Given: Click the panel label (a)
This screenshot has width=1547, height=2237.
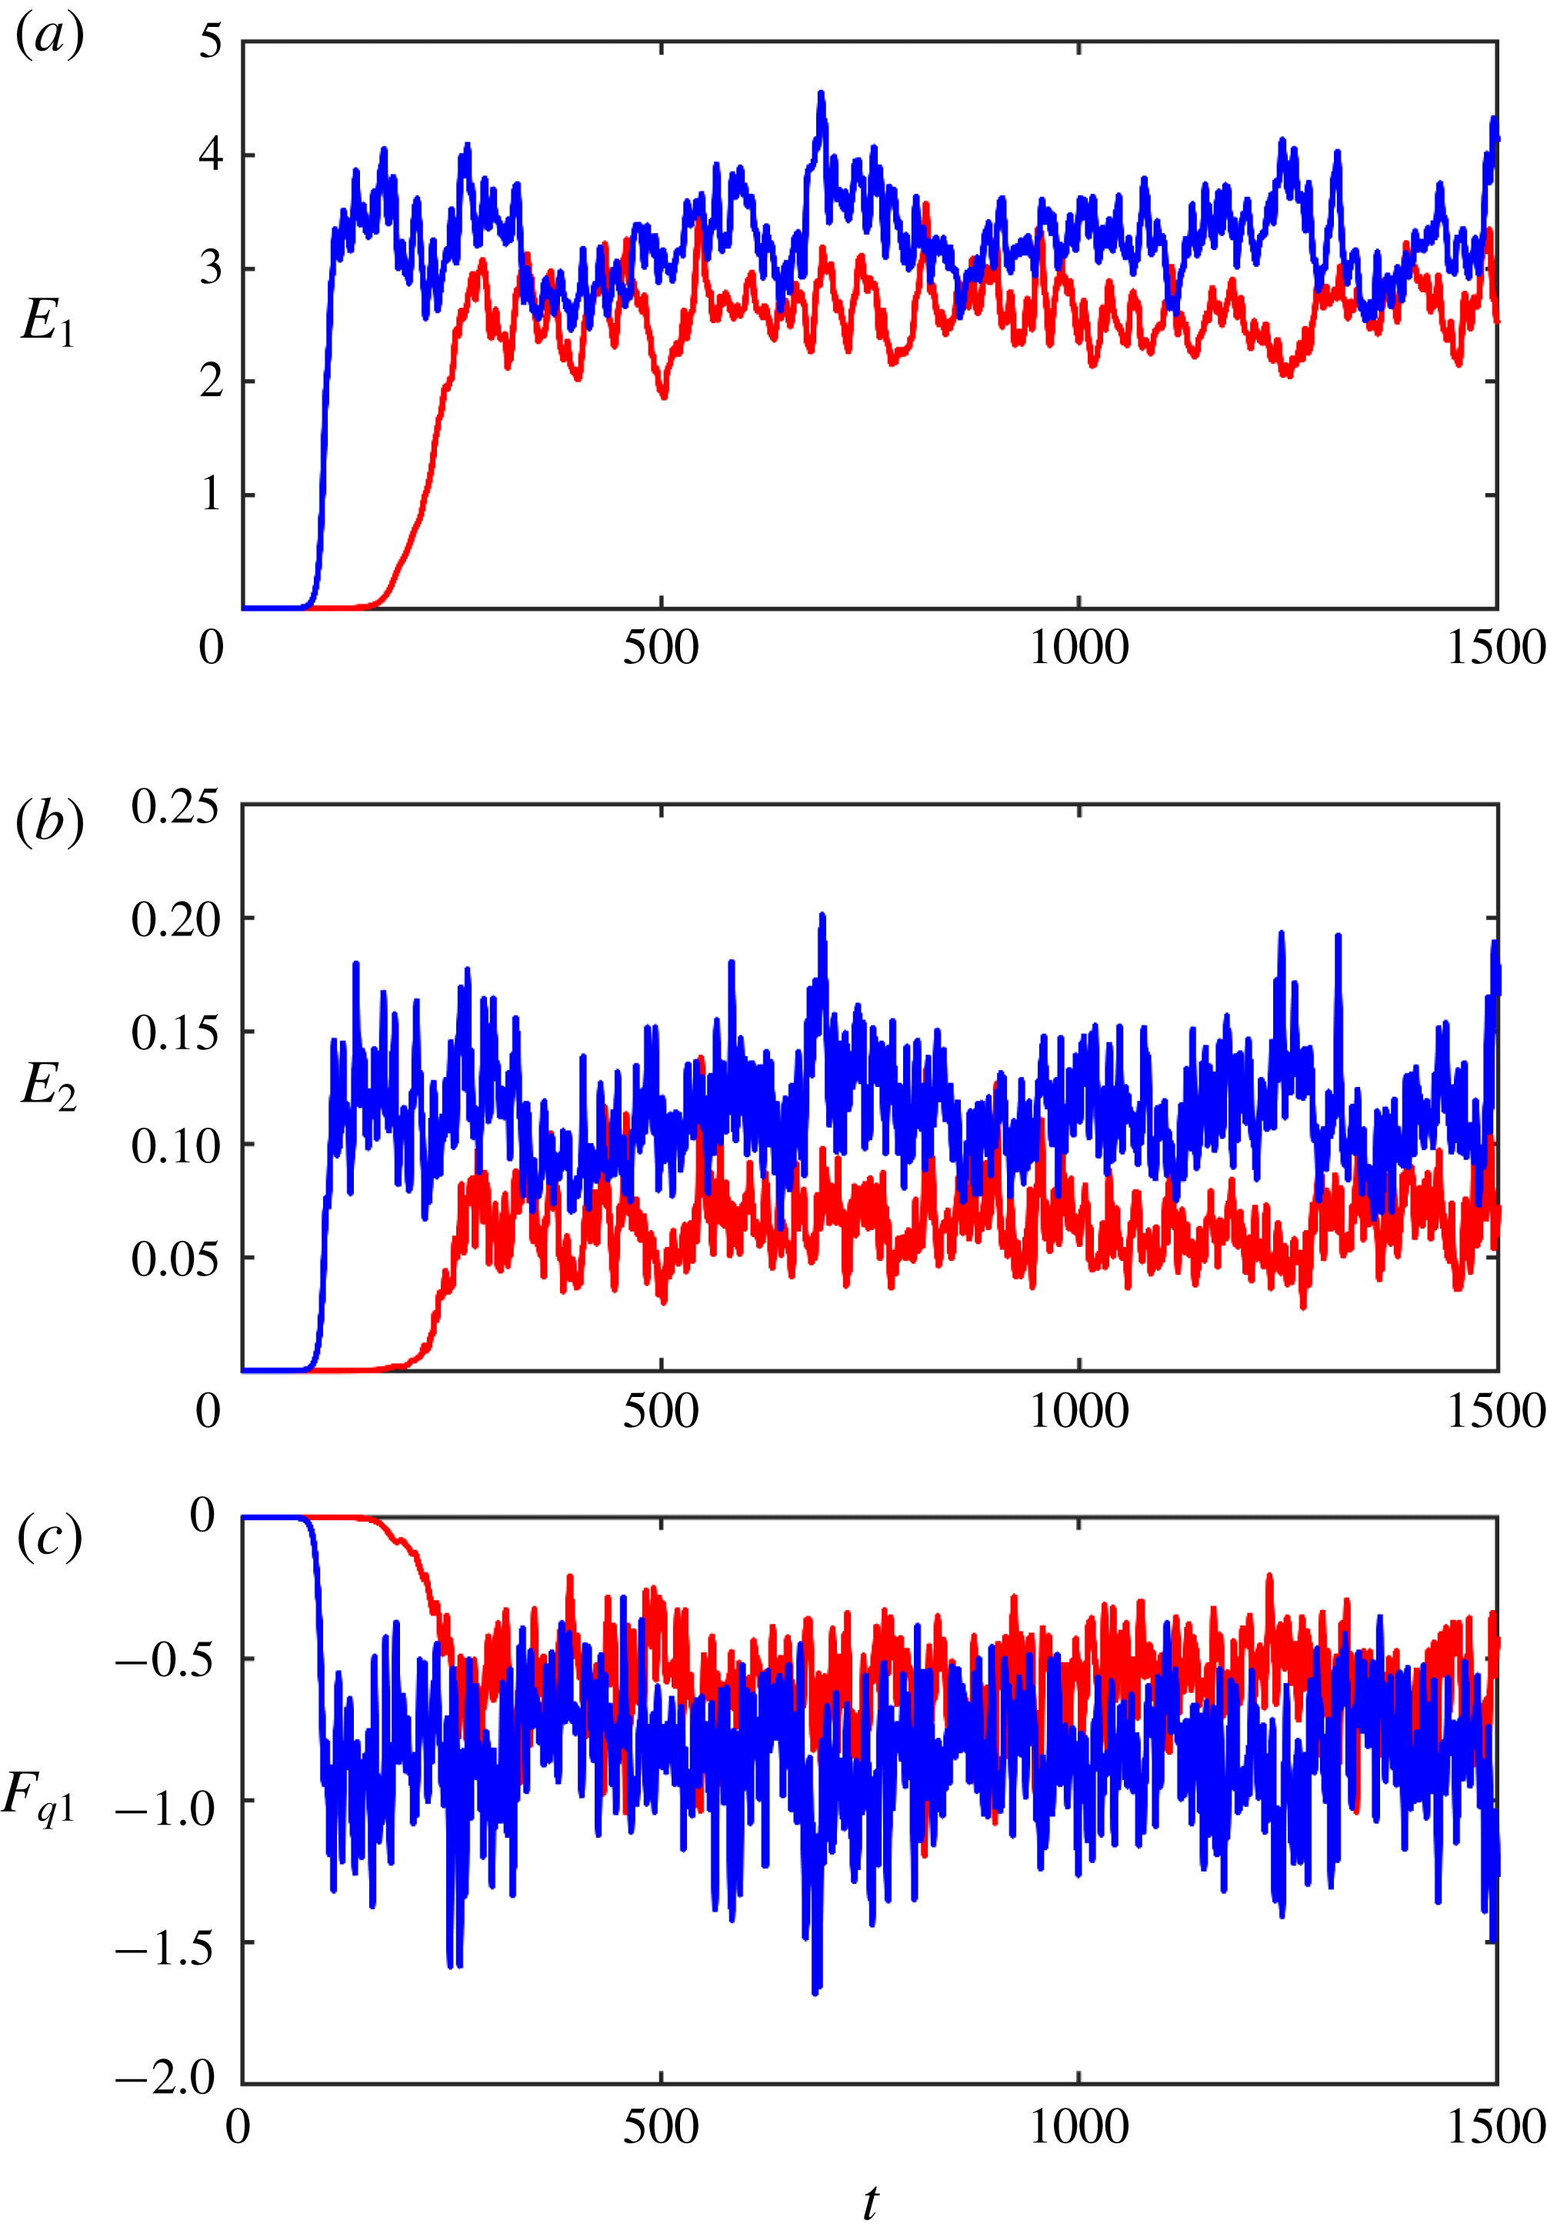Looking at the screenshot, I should (51, 37).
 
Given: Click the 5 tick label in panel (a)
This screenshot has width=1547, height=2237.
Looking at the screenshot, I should (210, 42).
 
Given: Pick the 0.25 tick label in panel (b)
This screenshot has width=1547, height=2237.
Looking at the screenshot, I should (175, 806).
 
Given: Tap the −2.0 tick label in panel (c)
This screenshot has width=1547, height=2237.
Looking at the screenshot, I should (165, 2077).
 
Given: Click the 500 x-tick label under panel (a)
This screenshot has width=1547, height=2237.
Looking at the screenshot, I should (660, 648).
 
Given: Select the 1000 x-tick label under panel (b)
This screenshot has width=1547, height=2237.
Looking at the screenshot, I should (1079, 1410).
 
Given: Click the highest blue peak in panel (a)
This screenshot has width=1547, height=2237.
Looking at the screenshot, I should (821, 94).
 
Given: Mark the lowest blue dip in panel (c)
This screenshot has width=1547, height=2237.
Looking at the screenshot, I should (815, 1992).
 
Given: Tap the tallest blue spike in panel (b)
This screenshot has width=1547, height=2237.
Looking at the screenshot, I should (822, 915).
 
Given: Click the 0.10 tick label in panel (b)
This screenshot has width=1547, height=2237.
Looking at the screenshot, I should (175, 1145).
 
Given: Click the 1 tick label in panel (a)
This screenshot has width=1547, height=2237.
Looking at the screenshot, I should (210, 495).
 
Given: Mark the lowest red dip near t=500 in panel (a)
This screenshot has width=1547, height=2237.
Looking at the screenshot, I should (664, 396).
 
